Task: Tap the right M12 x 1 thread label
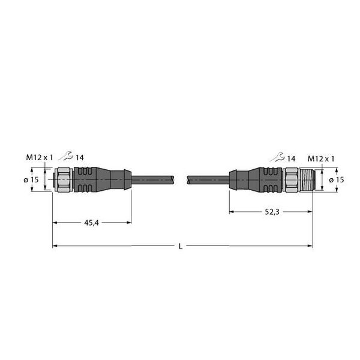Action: click(x=320, y=158)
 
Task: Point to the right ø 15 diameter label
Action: click(x=336, y=180)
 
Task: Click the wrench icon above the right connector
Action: click(x=276, y=158)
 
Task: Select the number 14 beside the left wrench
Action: click(x=80, y=158)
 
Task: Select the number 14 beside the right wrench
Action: click(x=291, y=158)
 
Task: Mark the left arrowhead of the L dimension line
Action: click(x=55, y=246)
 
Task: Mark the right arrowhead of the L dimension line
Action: click(x=310, y=246)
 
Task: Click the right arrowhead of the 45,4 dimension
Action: click(x=128, y=223)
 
